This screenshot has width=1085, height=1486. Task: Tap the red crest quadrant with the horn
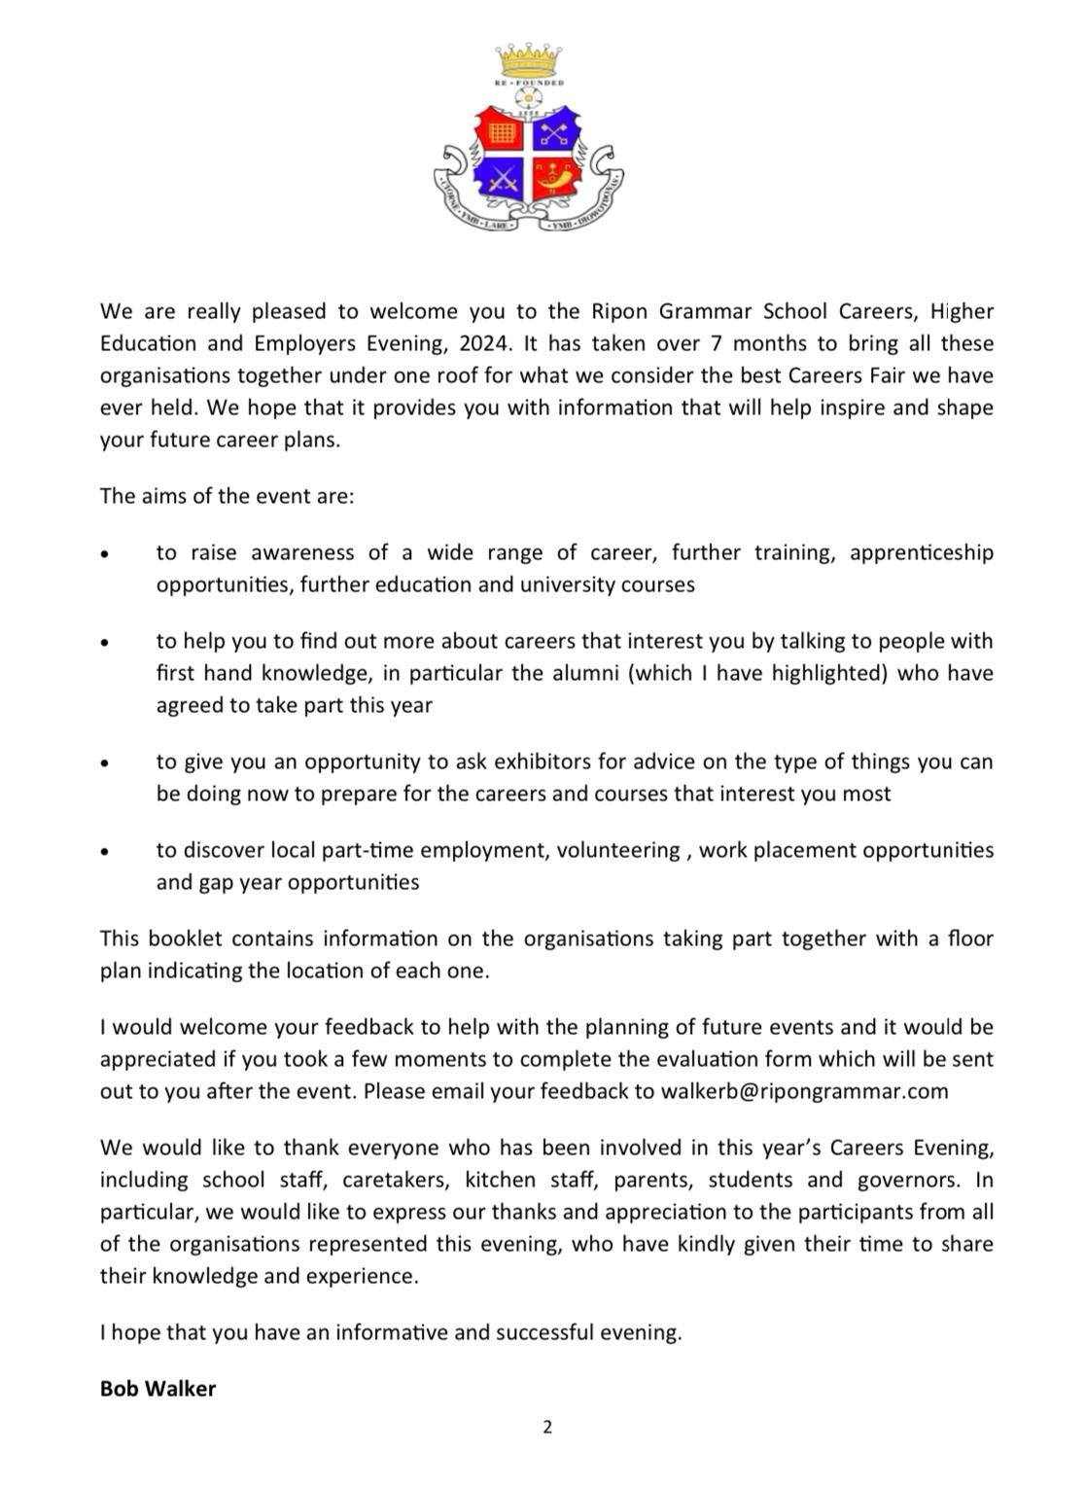pyautogui.click(x=557, y=179)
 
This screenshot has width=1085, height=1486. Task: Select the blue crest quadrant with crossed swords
pyautogui.click(x=502, y=179)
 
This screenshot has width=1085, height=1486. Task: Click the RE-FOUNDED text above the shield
pyautogui.click(x=530, y=85)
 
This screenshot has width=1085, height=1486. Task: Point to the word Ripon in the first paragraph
pyautogui.click(x=620, y=311)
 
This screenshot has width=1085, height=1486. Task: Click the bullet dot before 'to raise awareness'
pyautogui.click(x=104, y=554)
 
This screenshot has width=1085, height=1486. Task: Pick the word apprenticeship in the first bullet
pyautogui.click(x=921, y=552)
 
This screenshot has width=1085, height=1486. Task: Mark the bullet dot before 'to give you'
pyautogui.click(x=104, y=763)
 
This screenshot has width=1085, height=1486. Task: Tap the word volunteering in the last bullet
pyautogui.click(x=617, y=850)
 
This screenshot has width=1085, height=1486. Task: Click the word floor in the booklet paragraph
pyautogui.click(x=970, y=938)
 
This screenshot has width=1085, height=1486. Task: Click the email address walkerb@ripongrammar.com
pyautogui.click(x=804, y=1090)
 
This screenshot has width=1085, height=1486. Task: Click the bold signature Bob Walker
pyautogui.click(x=157, y=1389)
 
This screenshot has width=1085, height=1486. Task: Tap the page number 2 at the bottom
pyautogui.click(x=547, y=1428)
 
